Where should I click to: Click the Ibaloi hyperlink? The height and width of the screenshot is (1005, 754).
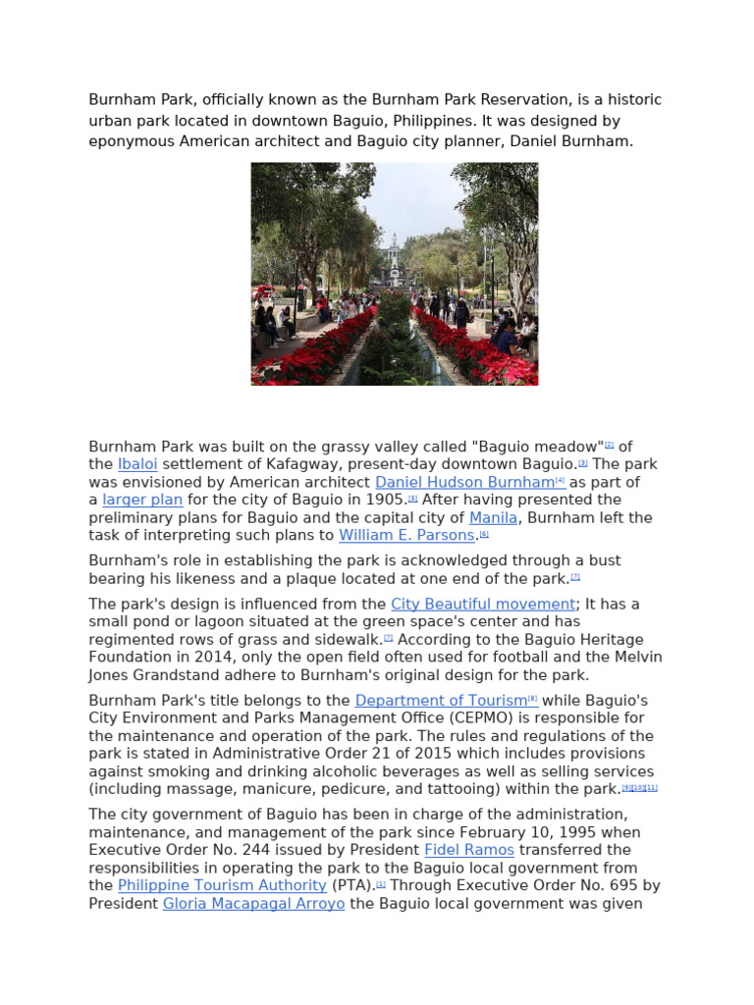click(137, 464)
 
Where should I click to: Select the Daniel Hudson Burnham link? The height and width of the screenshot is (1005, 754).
click(464, 482)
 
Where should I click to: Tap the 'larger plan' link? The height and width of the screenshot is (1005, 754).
click(142, 500)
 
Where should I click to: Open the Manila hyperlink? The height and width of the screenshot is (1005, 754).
click(493, 517)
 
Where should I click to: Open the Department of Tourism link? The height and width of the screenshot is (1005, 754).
click(441, 700)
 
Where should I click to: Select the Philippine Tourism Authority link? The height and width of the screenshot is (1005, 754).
click(222, 884)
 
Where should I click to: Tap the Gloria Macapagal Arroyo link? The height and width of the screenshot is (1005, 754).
click(253, 903)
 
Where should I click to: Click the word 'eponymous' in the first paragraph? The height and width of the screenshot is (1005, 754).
click(132, 140)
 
